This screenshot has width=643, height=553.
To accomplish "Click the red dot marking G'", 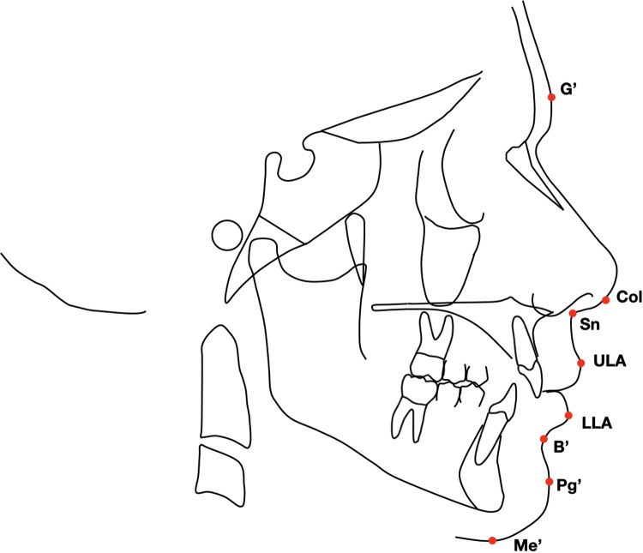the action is (x=551, y=97).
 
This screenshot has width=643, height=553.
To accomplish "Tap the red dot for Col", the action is (x=605, y=300).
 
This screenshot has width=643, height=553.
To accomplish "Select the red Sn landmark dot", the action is (x=573, y=314).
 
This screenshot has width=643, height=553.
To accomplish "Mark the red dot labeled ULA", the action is (x=580, y=363).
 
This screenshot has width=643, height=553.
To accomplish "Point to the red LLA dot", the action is (x=568, y=416).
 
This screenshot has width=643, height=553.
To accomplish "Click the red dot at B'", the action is (x=544, y=439).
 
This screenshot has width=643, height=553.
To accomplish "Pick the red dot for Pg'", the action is (x=549, y=482).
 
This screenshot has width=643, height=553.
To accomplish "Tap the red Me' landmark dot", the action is (x=492, y=540).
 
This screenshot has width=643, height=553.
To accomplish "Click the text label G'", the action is (x=568, y=90).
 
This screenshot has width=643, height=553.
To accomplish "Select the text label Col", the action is (x=629, y=297).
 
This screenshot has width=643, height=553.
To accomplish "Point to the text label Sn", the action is (x=590, y=324).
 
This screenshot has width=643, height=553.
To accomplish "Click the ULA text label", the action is (x=610, y=362).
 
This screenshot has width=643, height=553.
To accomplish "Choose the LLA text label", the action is (x=597, y=423).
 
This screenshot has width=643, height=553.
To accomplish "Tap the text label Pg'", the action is (x=569, y=486).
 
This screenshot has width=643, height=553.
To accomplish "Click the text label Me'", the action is (x=528, y=545).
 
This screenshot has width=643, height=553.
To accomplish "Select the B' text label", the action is (x=562, y=447).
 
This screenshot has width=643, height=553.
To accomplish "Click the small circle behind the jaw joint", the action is (x=227, y=235).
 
